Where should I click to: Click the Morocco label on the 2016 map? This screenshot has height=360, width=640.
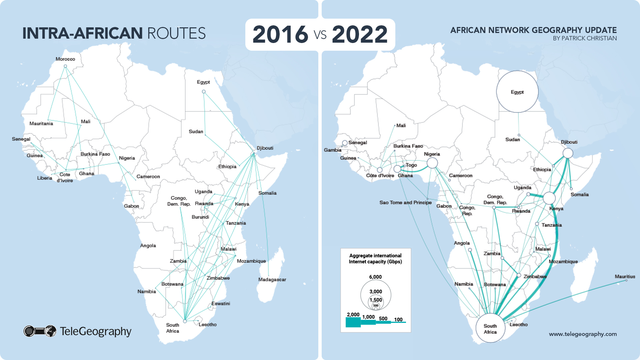click(65, 59)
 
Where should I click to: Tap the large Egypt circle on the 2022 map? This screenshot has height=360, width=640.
click(517, 92)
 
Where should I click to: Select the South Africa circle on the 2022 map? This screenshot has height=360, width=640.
click(490, 328)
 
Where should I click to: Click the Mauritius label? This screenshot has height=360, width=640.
click(625, 276)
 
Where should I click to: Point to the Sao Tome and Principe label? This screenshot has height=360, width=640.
click(405, 202)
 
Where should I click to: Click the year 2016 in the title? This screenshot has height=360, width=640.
click(280, 34)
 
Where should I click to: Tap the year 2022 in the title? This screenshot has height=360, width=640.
click(360, 34)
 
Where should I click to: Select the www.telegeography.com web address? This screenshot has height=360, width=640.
click(583, 334)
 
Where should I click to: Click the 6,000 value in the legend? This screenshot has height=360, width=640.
click(375, 277)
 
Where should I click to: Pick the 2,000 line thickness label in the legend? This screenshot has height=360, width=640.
click(353, 314)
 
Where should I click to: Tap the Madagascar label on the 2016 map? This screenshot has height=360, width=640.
click(272, 279)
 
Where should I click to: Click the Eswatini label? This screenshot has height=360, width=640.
click(221, 303)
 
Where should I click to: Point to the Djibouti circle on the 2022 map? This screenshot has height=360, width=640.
click(568, 153)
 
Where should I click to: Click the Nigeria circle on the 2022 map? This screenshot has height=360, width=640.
click(432, 163)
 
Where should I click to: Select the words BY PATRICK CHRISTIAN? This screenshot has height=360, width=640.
click(585, 38)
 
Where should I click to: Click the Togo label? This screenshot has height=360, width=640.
click(411, 165)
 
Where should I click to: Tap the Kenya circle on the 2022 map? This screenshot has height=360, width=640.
click(549, 198)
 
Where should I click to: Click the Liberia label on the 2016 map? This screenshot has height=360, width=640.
click(45, 178)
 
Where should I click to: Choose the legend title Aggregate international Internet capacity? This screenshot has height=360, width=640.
click(375, 258)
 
